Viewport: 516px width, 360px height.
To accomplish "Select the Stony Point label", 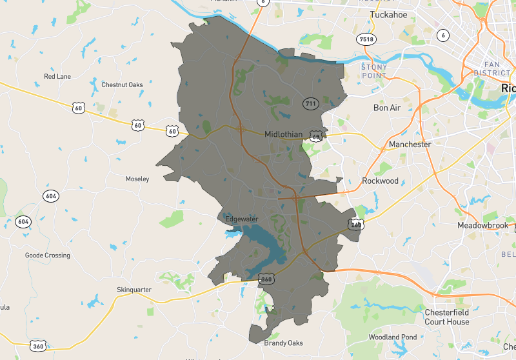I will tap(373, 70).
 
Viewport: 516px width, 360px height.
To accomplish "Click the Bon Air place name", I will tap(387, 108).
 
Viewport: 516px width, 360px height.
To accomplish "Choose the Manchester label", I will tap(410, 145).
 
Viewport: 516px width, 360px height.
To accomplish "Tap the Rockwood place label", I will tap(380, 181).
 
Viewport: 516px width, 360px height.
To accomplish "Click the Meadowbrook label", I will tap(483, 226).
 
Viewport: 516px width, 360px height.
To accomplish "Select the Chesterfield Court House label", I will tap(447, 317).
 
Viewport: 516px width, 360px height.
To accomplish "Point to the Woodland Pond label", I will tap(392, 337).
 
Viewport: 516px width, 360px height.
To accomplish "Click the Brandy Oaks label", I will tap(283, 343).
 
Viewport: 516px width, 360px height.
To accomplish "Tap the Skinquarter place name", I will tap(134, 290).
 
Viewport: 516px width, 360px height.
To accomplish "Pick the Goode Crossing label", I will tap(47, 255).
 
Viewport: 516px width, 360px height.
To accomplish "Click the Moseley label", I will tap(137, 179).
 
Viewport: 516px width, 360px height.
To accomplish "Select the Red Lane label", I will tap(57, 76).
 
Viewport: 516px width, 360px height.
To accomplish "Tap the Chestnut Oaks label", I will tap(122, 85).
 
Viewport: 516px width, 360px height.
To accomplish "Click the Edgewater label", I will tap(241, 219).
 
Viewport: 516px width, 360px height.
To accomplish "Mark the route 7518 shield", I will tap(366, 39).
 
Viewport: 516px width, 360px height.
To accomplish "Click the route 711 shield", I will tap(311, 103).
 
